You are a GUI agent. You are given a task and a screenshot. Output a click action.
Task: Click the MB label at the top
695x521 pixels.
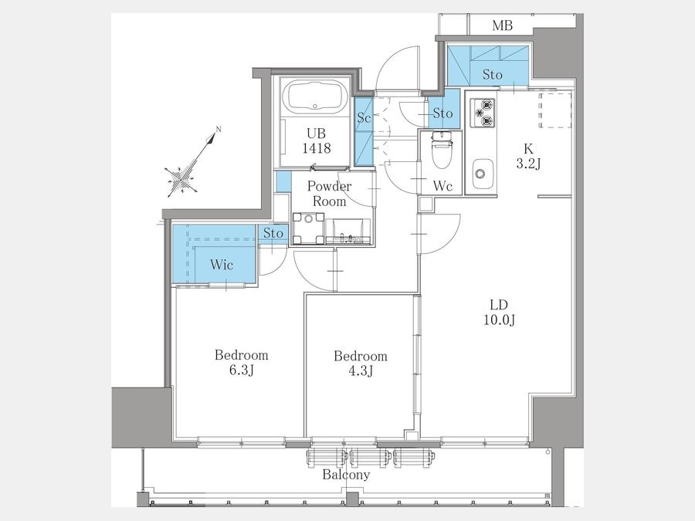tap(502, 25)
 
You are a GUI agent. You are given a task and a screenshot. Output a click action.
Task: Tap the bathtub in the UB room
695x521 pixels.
tap(315, 97)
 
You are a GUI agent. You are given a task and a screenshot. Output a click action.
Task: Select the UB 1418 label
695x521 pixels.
tap(317, 141)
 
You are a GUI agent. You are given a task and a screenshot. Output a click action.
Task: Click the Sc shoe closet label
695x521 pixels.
tap(364, 118)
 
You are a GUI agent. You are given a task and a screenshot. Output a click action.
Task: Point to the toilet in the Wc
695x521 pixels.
tap(441, 150)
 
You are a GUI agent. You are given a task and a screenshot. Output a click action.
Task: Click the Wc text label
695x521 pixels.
tap(442, 186)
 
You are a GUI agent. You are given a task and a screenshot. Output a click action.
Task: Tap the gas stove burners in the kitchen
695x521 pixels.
tap(482, 112)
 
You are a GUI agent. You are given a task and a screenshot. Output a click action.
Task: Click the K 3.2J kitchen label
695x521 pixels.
tap(528, 157)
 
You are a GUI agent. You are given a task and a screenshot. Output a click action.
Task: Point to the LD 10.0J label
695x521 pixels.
tap(499, 313)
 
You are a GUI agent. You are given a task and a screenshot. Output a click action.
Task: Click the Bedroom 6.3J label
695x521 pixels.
tap(242, 363)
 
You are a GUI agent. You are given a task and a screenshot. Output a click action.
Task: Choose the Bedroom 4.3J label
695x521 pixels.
tap(361, 364)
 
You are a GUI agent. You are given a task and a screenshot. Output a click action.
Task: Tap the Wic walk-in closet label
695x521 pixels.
tap(222, 265)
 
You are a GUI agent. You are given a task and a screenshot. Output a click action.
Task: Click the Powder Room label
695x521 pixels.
tap(329, 194)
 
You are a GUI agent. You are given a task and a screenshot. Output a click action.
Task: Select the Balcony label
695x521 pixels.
tap(346, 475)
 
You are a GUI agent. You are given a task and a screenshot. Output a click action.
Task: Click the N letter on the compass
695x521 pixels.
tap(218, 130)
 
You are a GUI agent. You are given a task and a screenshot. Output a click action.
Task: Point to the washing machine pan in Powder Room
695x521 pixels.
tap(308, 228)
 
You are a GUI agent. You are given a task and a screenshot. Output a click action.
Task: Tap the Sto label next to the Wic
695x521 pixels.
tap(273, 233)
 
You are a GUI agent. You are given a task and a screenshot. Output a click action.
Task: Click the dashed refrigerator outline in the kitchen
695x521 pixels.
tap(555, 110)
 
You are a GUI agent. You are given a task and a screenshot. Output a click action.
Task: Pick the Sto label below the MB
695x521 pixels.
tap(493, 74)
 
